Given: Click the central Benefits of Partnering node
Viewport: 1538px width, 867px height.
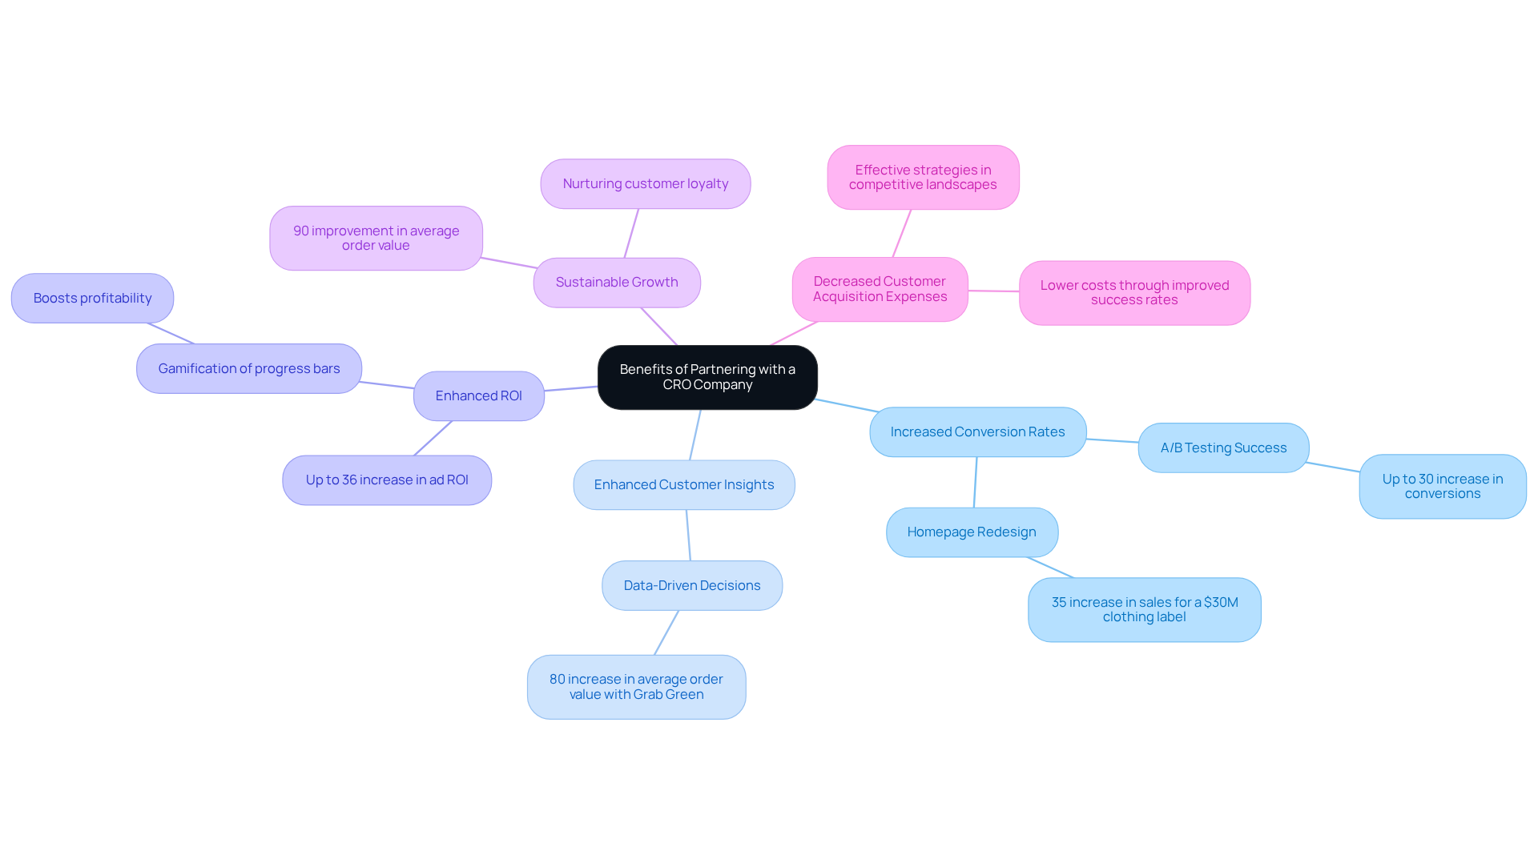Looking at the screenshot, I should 707,377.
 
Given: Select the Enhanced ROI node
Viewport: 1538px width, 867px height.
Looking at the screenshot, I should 478,395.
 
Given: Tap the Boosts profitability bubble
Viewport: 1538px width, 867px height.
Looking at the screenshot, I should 92,298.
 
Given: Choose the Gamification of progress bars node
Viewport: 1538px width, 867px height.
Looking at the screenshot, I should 248,368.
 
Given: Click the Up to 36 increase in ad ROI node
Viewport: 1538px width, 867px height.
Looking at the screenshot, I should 387,480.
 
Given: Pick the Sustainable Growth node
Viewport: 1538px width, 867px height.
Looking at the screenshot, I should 617,282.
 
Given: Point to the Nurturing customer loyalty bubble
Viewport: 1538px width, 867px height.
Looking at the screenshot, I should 645,183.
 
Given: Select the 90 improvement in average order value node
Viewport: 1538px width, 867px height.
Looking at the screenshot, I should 376,238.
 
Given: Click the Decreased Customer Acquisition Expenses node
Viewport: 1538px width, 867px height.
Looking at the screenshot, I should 880,289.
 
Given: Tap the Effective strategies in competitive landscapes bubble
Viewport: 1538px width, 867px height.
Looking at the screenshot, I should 923,177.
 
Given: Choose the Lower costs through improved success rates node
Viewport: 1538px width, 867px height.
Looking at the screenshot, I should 1134,292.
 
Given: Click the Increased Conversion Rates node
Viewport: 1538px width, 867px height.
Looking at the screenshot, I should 977,431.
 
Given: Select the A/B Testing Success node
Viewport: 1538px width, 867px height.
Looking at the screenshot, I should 1223,448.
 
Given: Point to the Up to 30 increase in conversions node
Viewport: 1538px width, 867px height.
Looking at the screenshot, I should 1442,486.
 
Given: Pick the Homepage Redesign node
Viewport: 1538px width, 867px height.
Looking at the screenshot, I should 972,532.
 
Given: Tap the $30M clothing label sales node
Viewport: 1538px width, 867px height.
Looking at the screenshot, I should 1144,609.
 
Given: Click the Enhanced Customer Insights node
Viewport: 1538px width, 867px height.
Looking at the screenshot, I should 684,484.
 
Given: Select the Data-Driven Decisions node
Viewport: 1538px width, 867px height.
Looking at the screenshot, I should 692,585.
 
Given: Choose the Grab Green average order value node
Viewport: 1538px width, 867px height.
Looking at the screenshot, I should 636,687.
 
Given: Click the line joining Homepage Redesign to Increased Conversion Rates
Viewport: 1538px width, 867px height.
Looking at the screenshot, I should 975,482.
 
